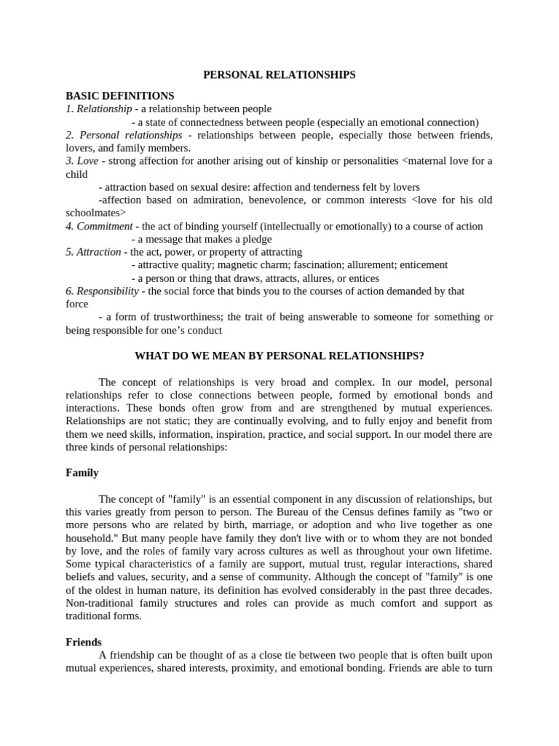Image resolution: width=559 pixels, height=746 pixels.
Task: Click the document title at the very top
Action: coord(279,74)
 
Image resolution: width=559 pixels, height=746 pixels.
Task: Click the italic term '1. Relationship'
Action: coord(99,109)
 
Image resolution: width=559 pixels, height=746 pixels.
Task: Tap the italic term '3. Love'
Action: coord(82,161)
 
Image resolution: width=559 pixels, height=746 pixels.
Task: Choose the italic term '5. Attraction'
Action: coord(93,252)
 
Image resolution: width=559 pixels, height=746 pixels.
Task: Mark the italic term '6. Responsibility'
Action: coord(102,291)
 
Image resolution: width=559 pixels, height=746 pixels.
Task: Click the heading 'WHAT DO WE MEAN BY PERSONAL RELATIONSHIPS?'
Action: coord(279,356)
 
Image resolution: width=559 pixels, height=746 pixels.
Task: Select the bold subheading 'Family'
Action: coord(82,473)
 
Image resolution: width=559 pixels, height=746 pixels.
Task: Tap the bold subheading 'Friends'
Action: coord(84,643)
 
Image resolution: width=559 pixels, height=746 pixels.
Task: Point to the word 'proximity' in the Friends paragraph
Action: coord(285,669)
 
